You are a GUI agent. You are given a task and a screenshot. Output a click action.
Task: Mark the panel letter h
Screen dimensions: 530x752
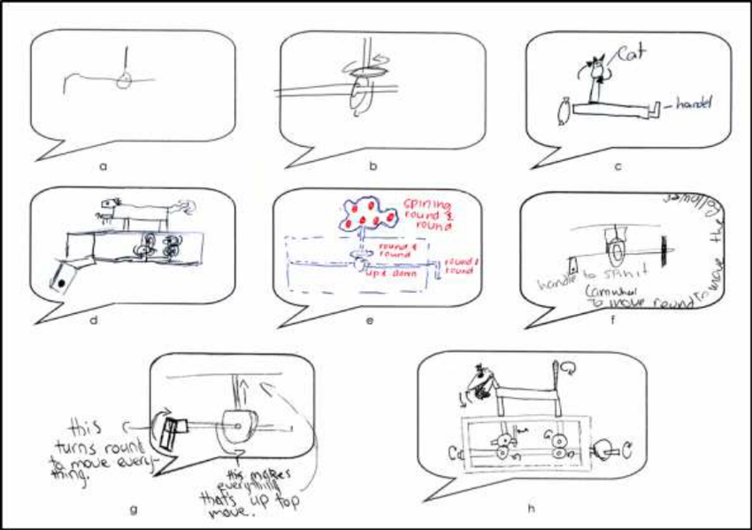click(x=530, y=509)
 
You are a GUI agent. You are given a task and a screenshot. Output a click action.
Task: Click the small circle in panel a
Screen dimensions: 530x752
click(x=127, y=80)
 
